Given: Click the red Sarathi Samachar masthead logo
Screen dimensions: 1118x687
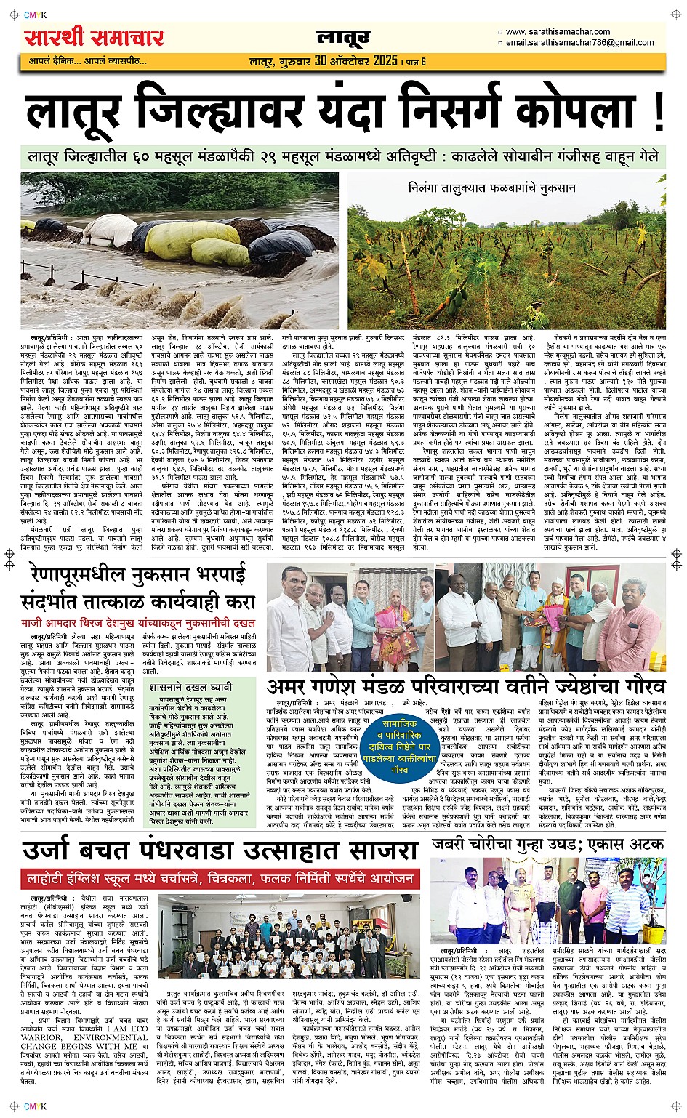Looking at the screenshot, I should [x=95, y=37].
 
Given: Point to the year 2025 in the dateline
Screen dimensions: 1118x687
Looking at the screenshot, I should [x=385, y=61].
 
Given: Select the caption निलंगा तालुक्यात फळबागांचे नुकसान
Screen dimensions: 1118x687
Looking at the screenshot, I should [x=492, y=188].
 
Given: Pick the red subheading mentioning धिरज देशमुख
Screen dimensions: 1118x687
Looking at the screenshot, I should [x=137, y=622].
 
